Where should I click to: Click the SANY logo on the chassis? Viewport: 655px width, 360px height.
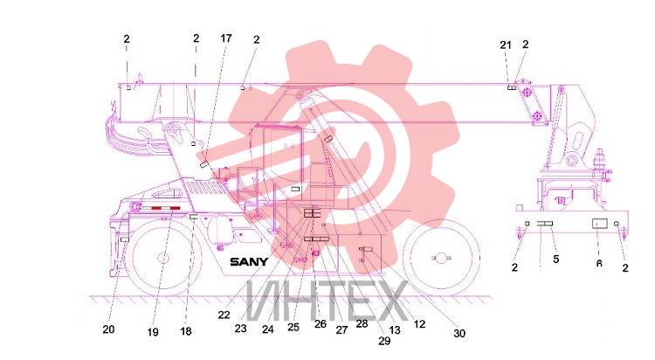click(x=249, y=262)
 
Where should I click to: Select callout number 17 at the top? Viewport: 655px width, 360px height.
click(x=226, y=38)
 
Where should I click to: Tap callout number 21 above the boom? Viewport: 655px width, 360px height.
click(x=506, y=45)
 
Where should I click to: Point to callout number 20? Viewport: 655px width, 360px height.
click(x=108, y=329)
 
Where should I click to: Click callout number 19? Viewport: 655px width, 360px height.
click(x=153, y=332)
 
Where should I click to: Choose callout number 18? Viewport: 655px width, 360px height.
click(x=186, y=331)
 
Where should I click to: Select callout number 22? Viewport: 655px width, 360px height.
click(x=224, y=315)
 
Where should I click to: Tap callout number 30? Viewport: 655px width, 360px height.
click(x=459, y=333)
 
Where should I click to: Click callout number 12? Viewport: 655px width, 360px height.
click(x=419, y=323)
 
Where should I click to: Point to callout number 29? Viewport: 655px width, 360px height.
click(x=384, y=341)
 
